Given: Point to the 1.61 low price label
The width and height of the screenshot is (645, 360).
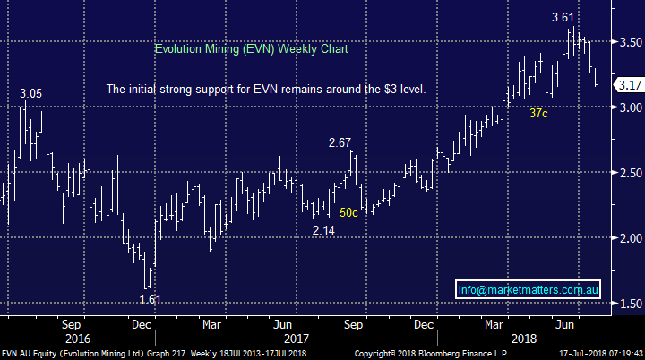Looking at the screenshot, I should (150, 298).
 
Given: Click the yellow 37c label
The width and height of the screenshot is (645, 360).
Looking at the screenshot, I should (539, 114).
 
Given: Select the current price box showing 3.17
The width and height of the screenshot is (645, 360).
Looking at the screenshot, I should (629, 85).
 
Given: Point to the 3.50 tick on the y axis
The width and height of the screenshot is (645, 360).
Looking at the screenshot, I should (629, 42).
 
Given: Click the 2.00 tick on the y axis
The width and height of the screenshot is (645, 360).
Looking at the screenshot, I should (629, 238).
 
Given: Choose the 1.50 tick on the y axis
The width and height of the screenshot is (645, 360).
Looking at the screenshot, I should (629, 304).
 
